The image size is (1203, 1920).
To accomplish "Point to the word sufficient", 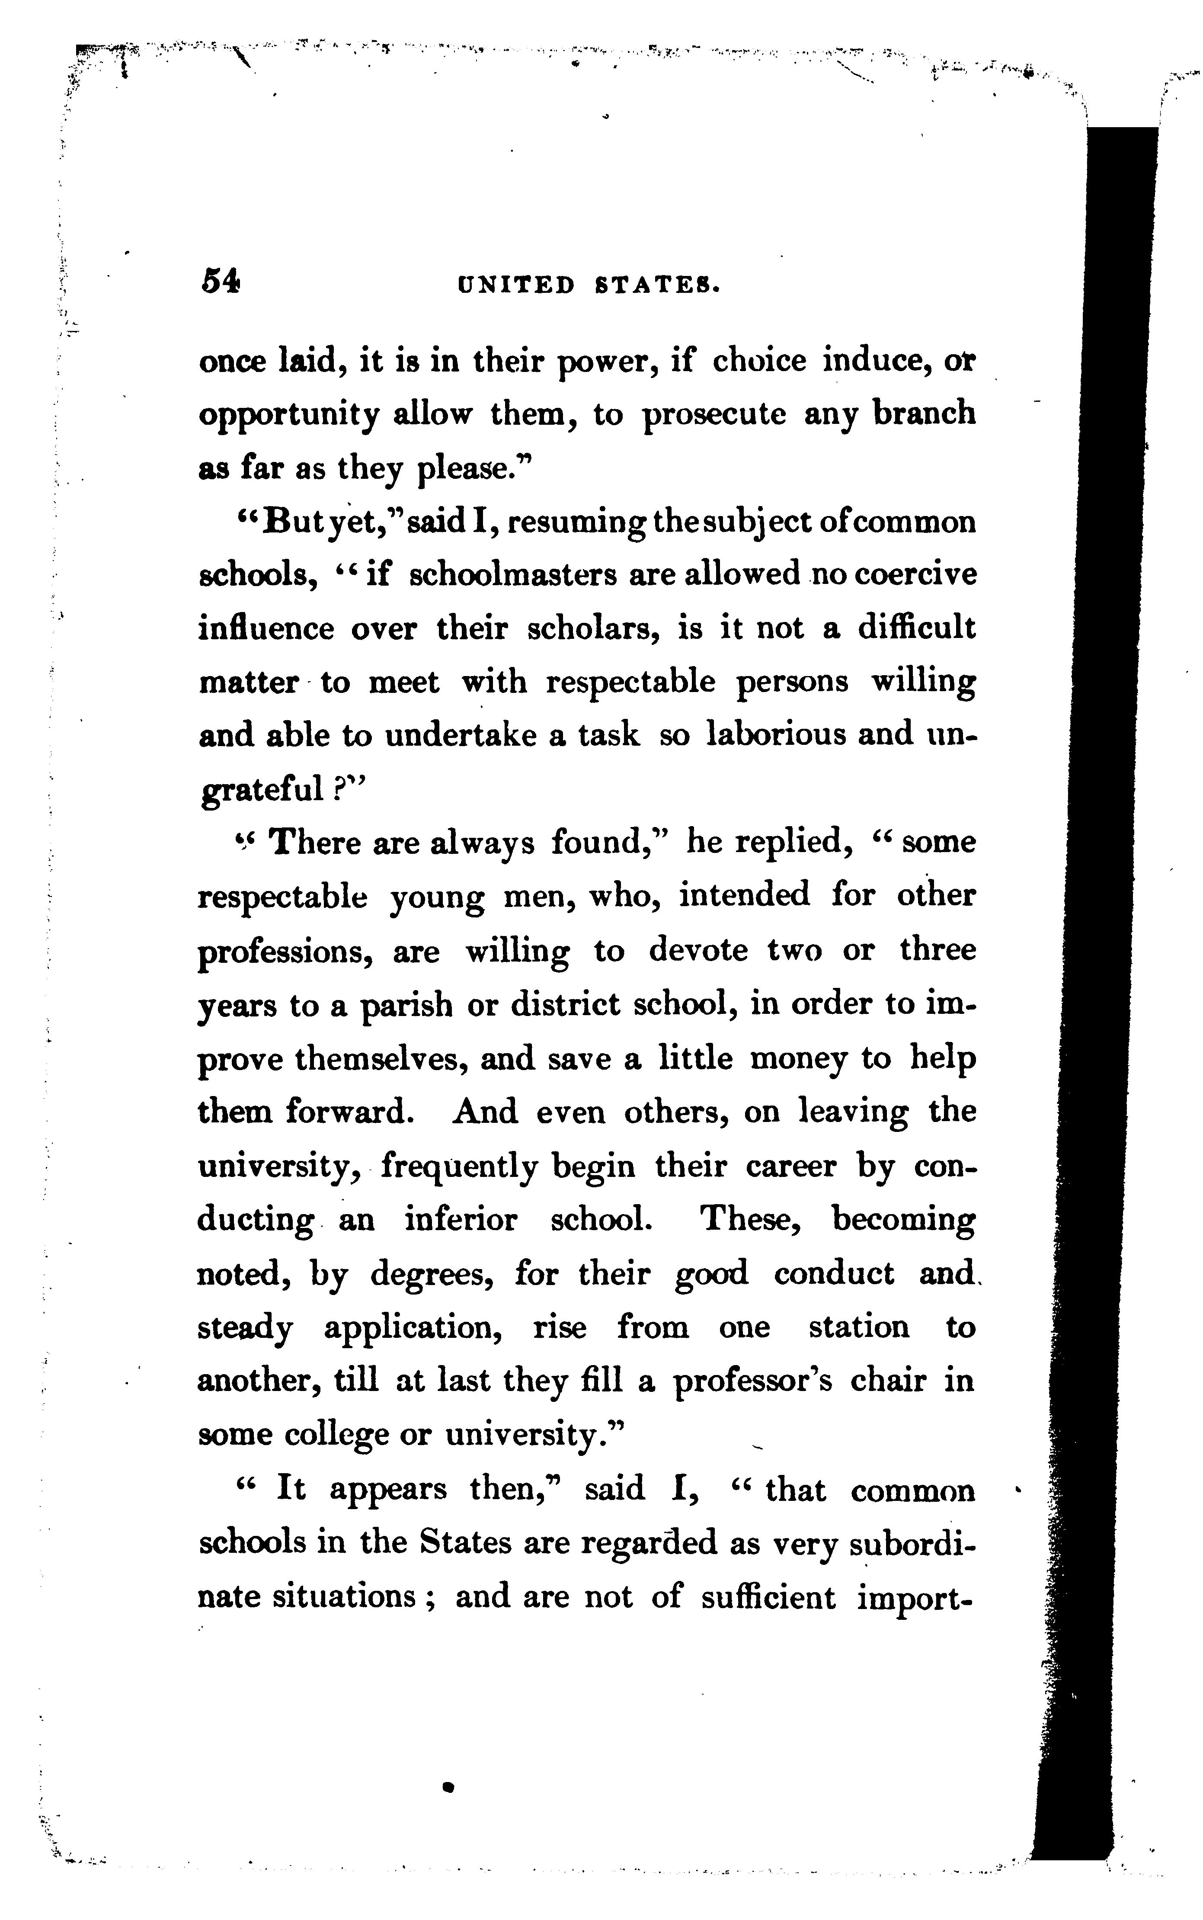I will tap(768, 1597).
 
